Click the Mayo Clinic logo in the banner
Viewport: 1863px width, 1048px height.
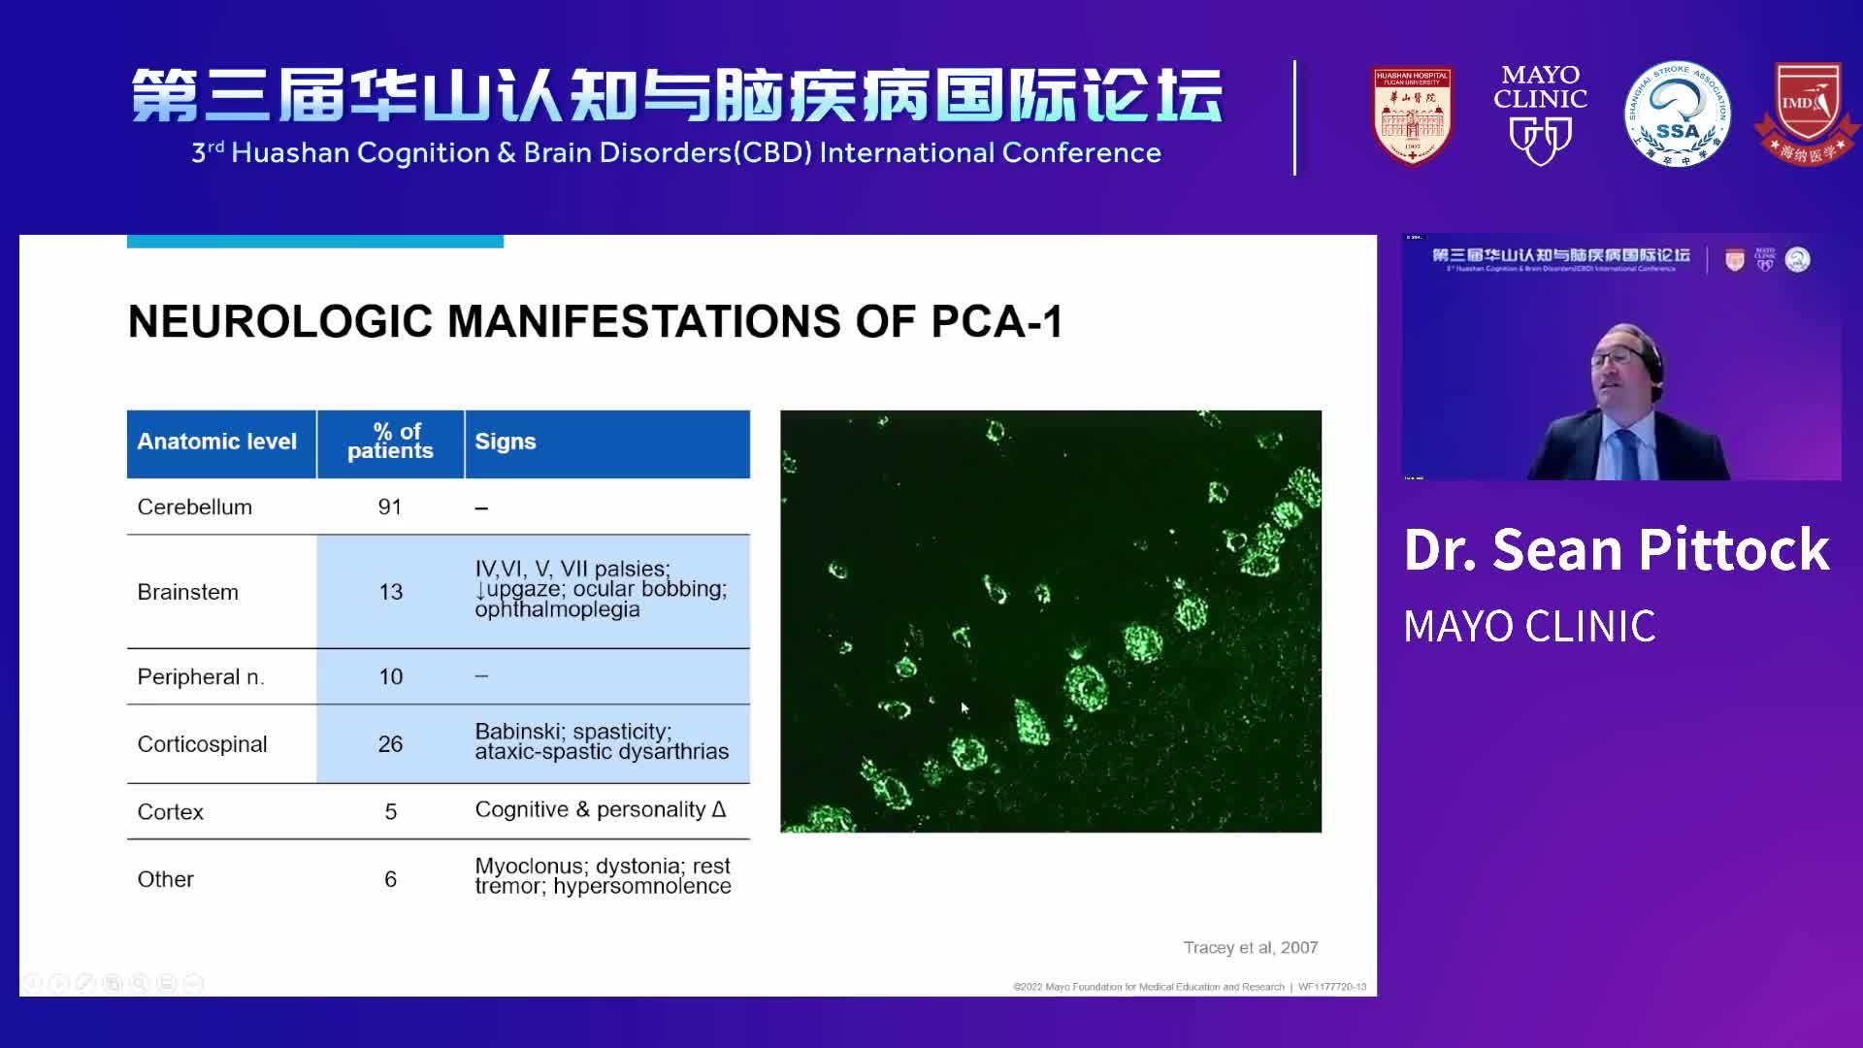click(1540, 115)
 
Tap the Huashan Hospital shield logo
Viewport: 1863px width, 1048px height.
click(1412, 115)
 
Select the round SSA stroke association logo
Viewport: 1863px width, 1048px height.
click(1677, 115)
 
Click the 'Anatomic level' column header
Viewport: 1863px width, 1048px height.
click(216, 442)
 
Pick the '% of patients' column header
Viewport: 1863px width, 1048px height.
click(390, 442)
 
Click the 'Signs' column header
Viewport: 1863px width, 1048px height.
click(506, 442)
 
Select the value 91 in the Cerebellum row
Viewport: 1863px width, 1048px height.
click(390, 508)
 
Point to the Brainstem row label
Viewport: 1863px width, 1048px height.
click(187, 592)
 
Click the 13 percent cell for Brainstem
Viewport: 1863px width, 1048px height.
click(390, 592)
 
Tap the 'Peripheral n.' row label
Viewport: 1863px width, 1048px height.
click(200, 677)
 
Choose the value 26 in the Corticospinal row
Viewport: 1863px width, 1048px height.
click(390, 744)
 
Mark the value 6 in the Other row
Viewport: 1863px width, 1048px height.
click(390, 879)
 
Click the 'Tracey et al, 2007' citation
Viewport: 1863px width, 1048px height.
click(1250, 947)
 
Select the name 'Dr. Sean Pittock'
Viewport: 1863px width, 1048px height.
click(1616, 550)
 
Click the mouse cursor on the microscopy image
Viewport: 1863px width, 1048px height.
click(964, 708)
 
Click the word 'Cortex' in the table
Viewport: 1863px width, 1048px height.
click(170, 812)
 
